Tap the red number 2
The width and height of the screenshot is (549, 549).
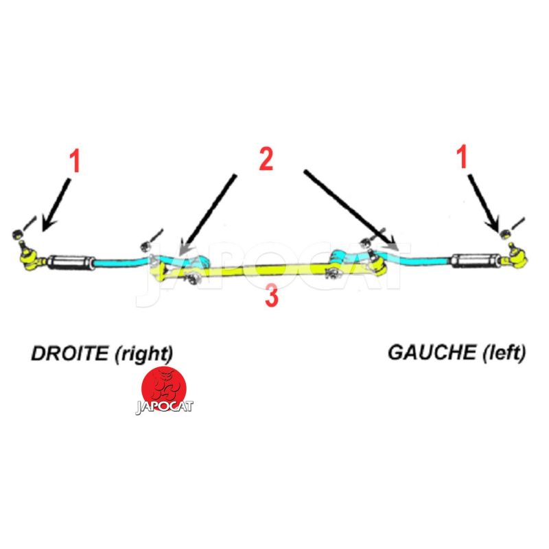tap(266, 159)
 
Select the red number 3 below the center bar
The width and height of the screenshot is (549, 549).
tap(272, 297)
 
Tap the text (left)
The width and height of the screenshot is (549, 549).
tap(502, 353)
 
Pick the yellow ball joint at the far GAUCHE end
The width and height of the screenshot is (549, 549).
tap(516, 256)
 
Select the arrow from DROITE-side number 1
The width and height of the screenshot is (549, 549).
tap(56, 203)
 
